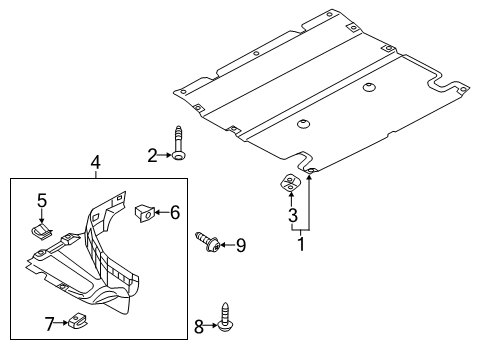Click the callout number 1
[x=301, y=244]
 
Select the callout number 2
[x=152, y=155]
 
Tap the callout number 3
[x=292, y=215]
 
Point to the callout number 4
[x=96, y=163]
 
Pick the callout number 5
[x=42, y=201]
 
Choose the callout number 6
[x=175, y=212]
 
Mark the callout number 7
[x=50, y=324]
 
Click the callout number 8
[x=199, y=326]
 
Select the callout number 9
[x=241, y=246]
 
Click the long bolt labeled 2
[x=179, y=143]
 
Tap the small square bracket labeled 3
[x=289, y=183]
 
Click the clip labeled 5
[x=42, y=231]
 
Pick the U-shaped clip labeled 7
[x=77, y=321]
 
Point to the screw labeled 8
[x=226, y=317]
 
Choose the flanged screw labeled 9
[x=207, y=243]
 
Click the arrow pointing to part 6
[x=162, y=212]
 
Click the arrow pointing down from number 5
[x=42, y=216]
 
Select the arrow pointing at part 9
[x=227, y=245]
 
